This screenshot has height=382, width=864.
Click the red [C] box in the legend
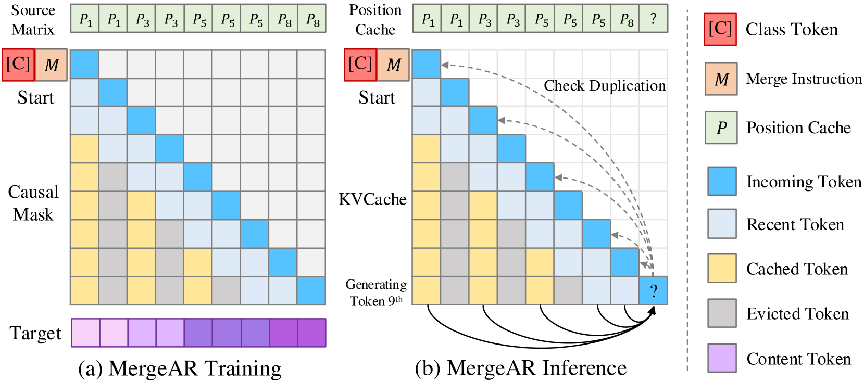point(720,30)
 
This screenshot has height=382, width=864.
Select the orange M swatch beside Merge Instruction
point(721,79)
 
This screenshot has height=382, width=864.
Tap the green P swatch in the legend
point(721,128)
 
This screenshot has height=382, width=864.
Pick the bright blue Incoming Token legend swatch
point(722,181)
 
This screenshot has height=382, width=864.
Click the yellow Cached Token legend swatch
point(722,269)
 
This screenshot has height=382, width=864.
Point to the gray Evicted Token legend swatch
point(722,313)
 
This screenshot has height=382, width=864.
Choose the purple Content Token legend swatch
point(722,358)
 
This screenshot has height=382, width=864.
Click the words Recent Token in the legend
point(795,224)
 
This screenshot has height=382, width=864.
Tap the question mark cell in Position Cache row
point(653,19)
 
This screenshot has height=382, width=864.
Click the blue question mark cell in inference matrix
point(653,290)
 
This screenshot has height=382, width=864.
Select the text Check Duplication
point(605,86)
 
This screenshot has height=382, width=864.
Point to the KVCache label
point(372,199)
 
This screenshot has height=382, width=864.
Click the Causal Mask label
point(33,203)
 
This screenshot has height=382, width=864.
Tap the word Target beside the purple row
point(35,333)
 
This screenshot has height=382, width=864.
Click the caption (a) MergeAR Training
point(180,368)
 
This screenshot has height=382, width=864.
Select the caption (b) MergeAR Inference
point(521,368)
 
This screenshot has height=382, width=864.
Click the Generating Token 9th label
point(376,292)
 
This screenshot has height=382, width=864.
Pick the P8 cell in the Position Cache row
point(625,19)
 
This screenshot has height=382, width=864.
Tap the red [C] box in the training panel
point(18,65)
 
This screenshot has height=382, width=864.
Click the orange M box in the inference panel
point(393,65)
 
